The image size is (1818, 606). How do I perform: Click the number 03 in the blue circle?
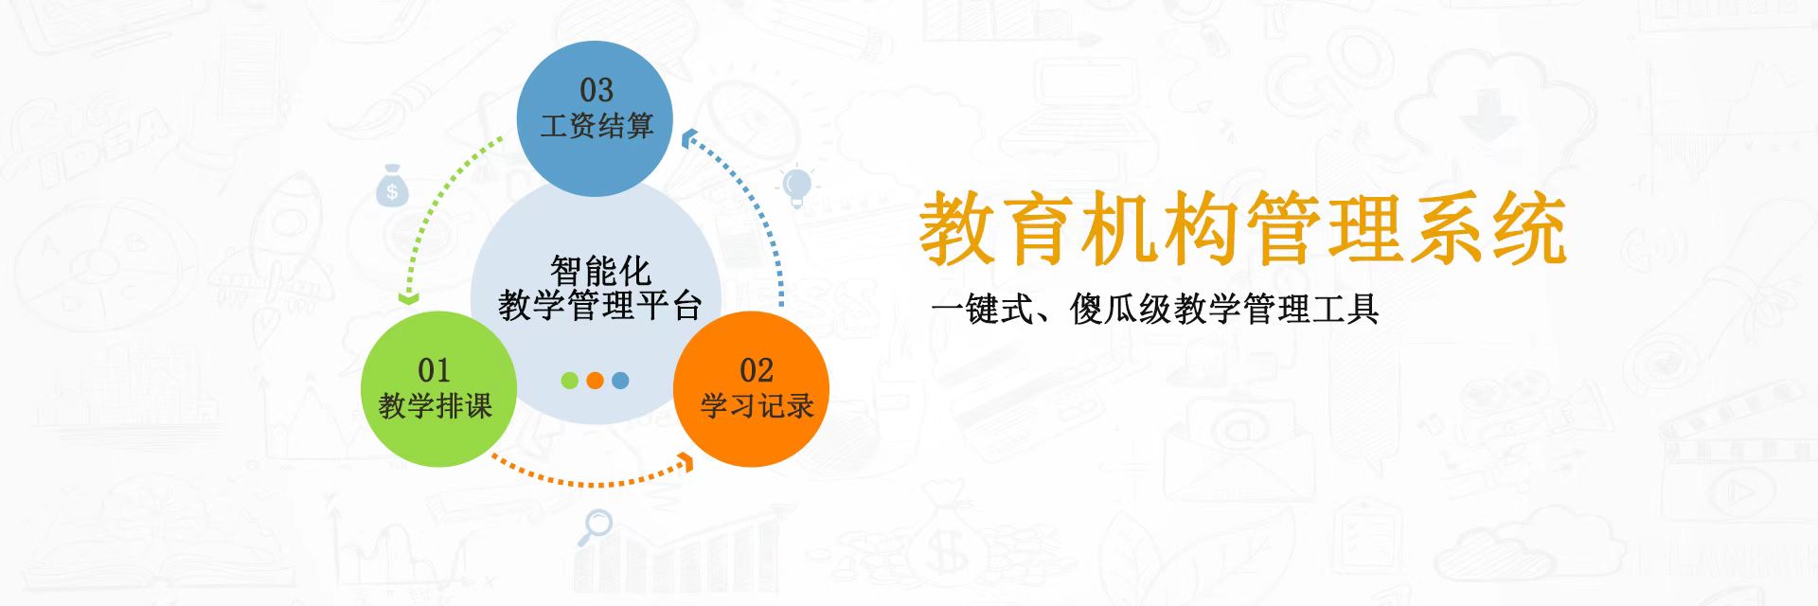(x=597, y=90)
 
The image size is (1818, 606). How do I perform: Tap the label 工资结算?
(x=597, y=125)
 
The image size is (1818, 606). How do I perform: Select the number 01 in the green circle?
(x=435, y=369)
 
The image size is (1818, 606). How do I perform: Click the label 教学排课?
(x=436, y=405)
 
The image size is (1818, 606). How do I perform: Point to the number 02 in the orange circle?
(x=757, y=369)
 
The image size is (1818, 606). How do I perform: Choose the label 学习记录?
(x=757, y=405)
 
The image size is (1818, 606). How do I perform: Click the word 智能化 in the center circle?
(x=600, y=271)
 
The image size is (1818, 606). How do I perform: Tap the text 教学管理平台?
(x=600, y=305)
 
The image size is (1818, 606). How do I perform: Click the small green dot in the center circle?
(x=570, y=381)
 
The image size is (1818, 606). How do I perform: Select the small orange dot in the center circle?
(x=595, y=381)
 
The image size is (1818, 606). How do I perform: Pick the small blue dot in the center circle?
(x=620, y=381)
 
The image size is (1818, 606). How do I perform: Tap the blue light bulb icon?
(x=797, y=187)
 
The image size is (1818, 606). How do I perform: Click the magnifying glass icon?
(x=595, y=526)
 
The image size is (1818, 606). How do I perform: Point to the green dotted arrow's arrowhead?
(x=408, y=298)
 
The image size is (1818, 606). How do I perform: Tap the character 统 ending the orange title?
(x=1528, y=228)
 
